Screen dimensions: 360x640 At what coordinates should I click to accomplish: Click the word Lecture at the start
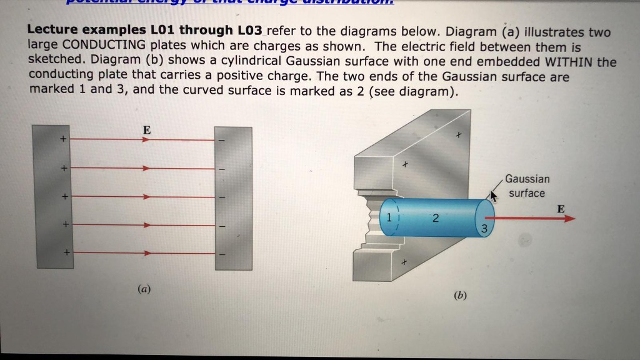pos(51,31)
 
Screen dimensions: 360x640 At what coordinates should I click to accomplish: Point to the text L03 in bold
pos(249,31)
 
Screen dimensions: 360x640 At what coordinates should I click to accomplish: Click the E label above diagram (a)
pos(146,130)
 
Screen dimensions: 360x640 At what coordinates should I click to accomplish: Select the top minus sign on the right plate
pos(221,140)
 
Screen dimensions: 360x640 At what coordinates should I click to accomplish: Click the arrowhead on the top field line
pos(145,140)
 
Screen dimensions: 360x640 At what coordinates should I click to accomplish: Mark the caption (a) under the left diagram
pos(144,289)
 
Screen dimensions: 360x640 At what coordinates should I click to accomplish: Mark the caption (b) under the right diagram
pos(461,295)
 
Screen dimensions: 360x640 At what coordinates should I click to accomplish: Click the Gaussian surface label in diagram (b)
pos(527,186)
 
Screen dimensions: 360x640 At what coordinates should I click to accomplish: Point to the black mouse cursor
pos(494,197)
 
